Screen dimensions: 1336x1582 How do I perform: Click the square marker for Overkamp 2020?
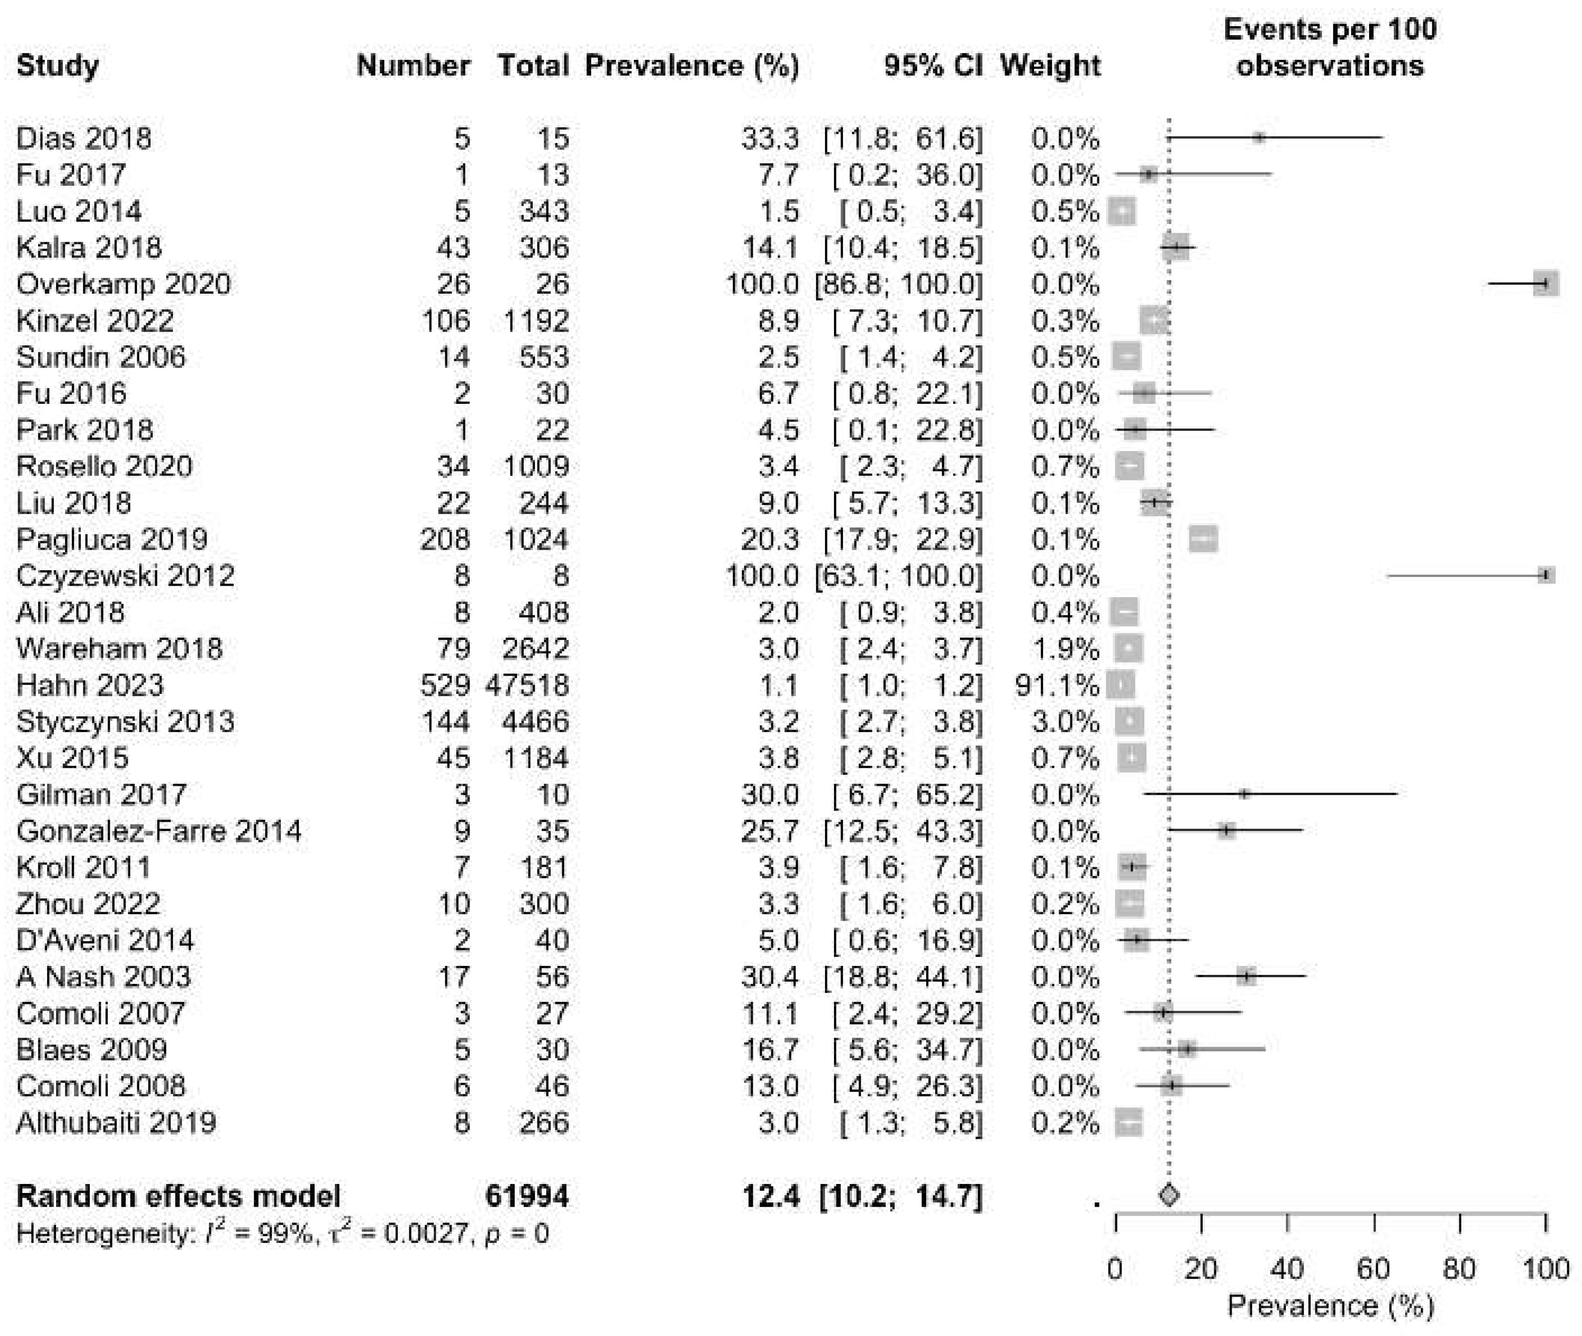[1545, 285]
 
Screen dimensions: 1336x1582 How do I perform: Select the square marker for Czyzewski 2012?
[1545, 576]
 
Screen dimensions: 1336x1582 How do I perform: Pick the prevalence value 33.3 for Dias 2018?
[770, 139]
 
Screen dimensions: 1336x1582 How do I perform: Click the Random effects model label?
[178, 1197]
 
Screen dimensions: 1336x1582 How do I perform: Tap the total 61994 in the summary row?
[527, 1197]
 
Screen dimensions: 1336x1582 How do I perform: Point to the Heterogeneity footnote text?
[282, 1234]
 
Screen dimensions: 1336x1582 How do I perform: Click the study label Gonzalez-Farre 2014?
[158, 831]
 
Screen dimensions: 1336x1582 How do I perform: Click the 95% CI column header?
[933, 66]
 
